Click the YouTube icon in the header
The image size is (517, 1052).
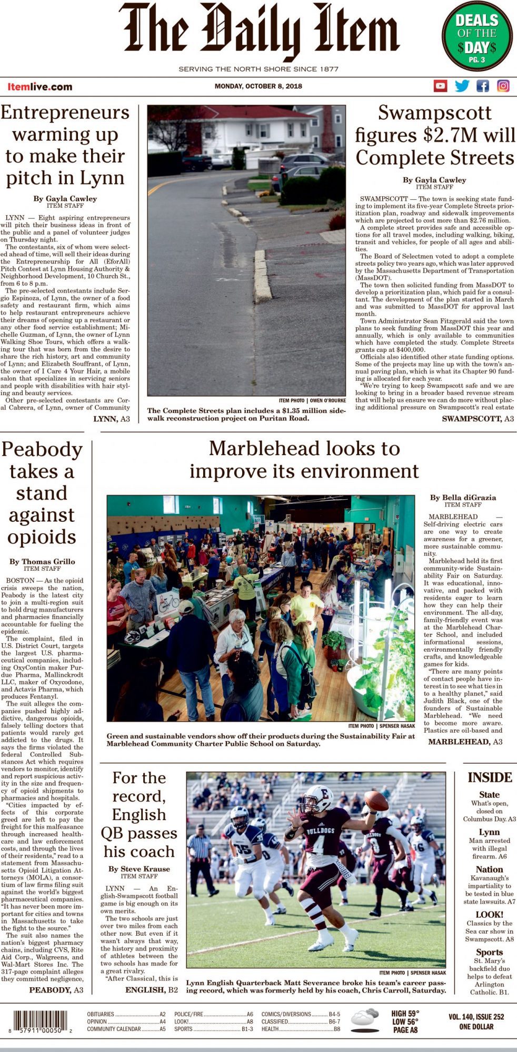pyautogui.click(x=440, y=86)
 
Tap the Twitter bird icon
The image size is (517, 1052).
pyautogui.click(x=462, y=86)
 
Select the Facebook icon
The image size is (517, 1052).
pyautogui.click(x=482, y=86)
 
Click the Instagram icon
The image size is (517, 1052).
pyautogui.click(x=503, y=86)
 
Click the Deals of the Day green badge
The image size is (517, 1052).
pyautogui.click(x=476, y=36)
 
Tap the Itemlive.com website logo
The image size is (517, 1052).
pyautogui.click(x=39, y=87)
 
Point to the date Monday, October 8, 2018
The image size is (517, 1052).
pyautogui.click(x=258, y=86)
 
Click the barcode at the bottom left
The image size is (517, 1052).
pyautogui.click(x=41, y=1021)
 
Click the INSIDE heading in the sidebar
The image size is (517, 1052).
pyautogui.click(x=490, y=777)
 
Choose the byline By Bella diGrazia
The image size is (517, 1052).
pyautogui.click(x=463, y=497)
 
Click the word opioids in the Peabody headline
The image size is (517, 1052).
pyautogui.click(x=42, y=537)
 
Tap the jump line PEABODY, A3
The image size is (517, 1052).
pyautogui.click(x=56, y=990)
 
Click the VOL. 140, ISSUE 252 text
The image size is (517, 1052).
pyautogui.click(x=476, y=1017)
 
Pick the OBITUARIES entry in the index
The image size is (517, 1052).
pyautogui.click(x=101, y=1014)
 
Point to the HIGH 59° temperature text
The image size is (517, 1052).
pyautogui.click(x=405, y=1013)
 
